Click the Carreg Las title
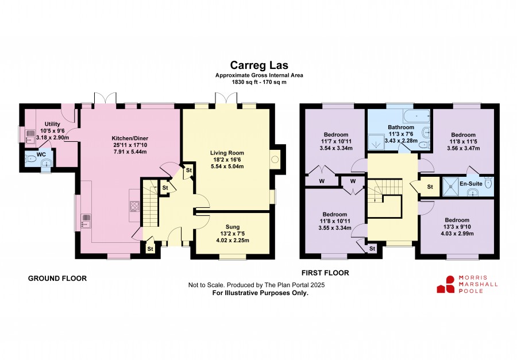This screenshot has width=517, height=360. (x=259, y=65)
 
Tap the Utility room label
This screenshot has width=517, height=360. (x=52, y=124)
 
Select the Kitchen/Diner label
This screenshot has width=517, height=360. (x=130, y=138)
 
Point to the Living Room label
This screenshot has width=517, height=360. (x=227, y=153)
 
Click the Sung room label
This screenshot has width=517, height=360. (x=233, y=227)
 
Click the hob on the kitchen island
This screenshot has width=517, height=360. (x=134, y=206)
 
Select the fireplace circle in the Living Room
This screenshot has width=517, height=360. (x=275, y=160)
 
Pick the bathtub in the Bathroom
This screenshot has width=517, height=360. (x=416, y=116)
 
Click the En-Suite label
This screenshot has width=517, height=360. (x=471, y=184)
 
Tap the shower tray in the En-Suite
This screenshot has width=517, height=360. (x=450, y=187)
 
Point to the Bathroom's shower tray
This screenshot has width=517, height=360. (x=376, y=142)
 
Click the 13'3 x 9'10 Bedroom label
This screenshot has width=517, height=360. (x=457, y=220)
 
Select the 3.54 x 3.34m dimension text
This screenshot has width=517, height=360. (x=336, y=148)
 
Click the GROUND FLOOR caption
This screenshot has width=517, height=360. (x=57, y=278)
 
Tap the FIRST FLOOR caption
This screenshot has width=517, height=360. (x=325, y=273)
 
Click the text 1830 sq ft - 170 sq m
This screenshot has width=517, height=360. (x=259, y=82)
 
